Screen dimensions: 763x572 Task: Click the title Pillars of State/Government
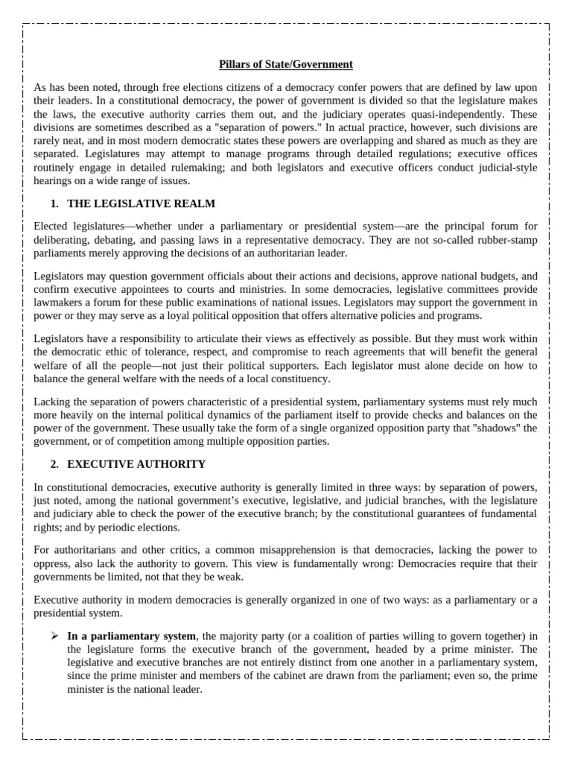(x=286, y=65)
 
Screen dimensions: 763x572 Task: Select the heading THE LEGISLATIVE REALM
(x=142, y=203)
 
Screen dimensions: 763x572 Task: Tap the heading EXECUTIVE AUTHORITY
(x=136, y=464)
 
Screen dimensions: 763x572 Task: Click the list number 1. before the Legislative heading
(x=54, y=203)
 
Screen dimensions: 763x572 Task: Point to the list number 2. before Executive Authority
(x=54, y=464)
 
